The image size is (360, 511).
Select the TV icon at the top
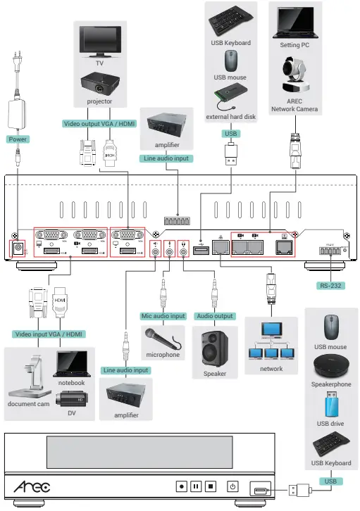coord(99,39)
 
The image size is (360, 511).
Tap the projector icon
coord(99,84)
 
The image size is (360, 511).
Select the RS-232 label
coord(330,286)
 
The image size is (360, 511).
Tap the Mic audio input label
coord(163,316)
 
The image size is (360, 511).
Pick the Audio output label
coord(215,316)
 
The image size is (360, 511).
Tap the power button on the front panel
coord(232,486)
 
